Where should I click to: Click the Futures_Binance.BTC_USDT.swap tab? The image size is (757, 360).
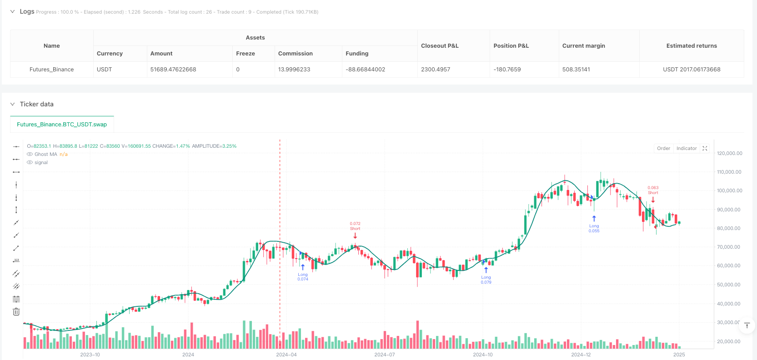coord(62,125)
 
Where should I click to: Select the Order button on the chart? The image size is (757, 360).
coord(663,149)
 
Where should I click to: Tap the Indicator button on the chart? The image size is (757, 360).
coord(686,149)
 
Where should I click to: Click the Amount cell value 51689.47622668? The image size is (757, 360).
coord(173,70)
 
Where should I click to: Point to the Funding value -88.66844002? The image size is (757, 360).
coord(365,70)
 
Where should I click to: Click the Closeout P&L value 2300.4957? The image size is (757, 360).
coord(436,70)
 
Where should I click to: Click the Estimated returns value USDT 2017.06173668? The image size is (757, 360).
coord(692,70)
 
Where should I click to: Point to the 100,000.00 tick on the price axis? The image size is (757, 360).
coord(729,191)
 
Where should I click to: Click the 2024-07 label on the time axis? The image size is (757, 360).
coord(384,355)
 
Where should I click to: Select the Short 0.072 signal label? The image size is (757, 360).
coord(355,226)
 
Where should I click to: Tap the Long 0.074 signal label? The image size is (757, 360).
coord(303,277)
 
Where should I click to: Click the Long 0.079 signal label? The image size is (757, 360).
coord(486,280)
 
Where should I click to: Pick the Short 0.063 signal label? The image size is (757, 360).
coord(653,190)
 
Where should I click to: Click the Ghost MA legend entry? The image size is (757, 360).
coord(46,155)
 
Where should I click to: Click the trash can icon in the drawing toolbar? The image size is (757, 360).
coord(16,312)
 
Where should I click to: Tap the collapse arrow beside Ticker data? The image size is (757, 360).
coord(12,104)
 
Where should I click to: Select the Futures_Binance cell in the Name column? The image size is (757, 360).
coord(51,70)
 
